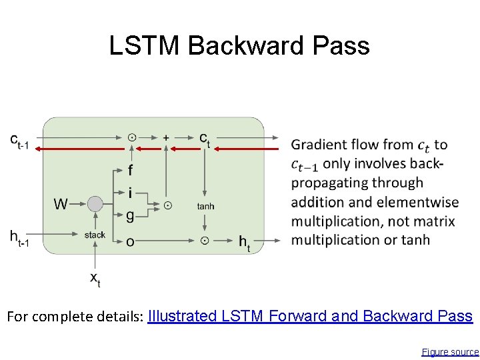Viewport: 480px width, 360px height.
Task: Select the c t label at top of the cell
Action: point(205,138)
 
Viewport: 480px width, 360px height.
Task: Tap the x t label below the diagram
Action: point(95,279)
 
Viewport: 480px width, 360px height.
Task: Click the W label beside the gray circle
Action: point(61,204)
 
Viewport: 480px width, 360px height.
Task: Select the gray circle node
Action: point(95,204)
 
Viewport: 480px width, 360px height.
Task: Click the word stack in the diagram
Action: point(95,235)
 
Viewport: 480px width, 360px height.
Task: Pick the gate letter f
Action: point(131,171)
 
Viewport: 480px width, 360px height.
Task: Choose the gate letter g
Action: point(130,215)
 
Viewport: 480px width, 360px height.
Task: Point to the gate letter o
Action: point(130,241)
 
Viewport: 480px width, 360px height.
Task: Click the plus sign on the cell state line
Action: point(165,137)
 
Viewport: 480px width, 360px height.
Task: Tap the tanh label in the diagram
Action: point(205,207)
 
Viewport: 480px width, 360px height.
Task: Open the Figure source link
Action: point(450,351)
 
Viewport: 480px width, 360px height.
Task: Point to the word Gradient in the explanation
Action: point(319,145)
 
